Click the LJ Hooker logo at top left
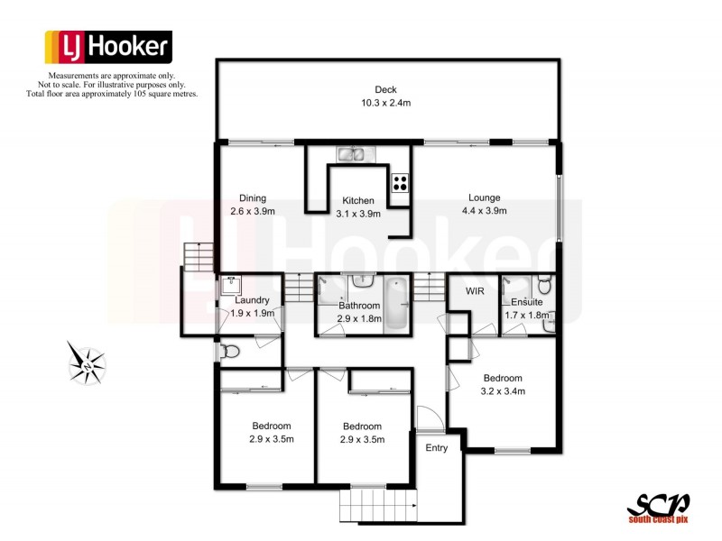107,46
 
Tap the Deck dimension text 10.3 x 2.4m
386,103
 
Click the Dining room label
252,198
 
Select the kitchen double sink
356,154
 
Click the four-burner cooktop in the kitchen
399,183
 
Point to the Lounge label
484,198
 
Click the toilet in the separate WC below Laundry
228,352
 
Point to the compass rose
88,363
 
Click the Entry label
436,448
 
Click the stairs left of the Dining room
197,256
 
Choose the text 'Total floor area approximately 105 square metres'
112,94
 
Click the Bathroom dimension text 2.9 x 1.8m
360,318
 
